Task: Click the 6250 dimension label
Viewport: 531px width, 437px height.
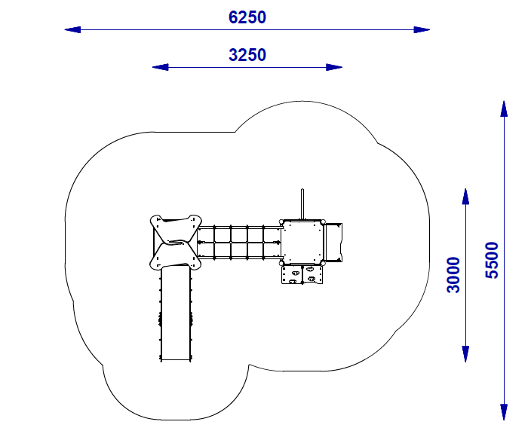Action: [247, 17]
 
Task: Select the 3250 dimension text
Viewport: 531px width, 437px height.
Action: [247, 55]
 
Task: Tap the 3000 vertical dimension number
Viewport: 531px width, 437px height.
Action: [453, 275]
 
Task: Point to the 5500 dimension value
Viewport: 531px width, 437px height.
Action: [492, 260]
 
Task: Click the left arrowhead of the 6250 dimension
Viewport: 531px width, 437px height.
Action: [72, 30]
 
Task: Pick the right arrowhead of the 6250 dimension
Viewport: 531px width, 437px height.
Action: [422, 30]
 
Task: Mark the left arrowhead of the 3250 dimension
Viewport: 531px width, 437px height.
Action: [160, 67]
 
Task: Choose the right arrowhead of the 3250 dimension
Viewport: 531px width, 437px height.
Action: [334, 67]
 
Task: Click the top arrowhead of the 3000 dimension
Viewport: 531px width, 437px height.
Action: [465, 197]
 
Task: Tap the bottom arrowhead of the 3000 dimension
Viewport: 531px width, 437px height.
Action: [465, 354]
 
